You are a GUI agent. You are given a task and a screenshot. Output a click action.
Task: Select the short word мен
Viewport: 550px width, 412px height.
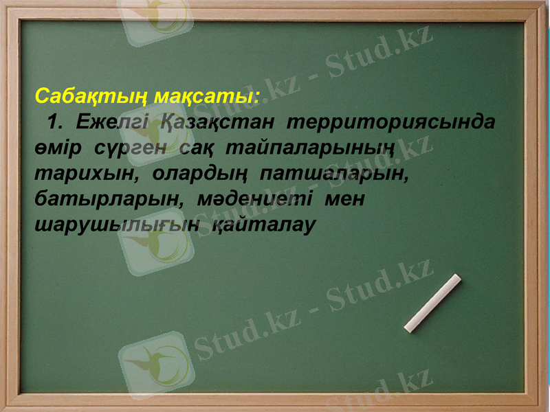coord(344,198)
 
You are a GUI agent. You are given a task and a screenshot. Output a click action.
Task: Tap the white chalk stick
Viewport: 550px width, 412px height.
coord(432,303)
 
